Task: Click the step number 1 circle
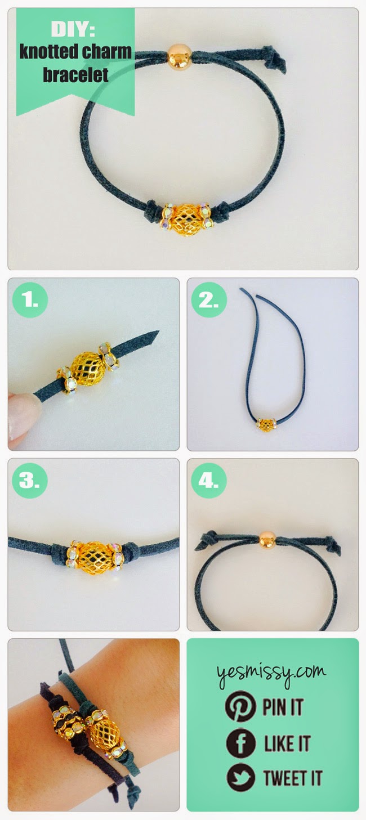(x=30, y=301)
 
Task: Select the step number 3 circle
(x=30, y=481)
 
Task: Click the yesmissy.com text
(x=271, y=673)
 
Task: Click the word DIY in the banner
(x=73, y=29)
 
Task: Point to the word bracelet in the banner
(x=75, y=74)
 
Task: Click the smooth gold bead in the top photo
(x=179, y=57)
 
